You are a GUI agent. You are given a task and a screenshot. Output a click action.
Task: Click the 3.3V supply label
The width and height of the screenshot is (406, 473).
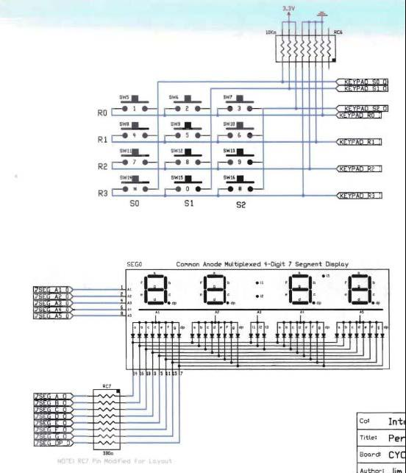288,8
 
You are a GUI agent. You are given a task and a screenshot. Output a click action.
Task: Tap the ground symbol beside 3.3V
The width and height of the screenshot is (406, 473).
321,13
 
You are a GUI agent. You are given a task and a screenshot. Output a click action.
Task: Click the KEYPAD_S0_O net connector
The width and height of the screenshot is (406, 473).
363,80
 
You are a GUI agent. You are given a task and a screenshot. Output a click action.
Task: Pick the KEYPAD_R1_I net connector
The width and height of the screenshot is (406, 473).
359,141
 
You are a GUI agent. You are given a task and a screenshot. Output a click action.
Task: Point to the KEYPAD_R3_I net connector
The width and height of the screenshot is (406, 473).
359,195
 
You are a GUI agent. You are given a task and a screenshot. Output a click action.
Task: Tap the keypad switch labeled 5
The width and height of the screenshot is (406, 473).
187,135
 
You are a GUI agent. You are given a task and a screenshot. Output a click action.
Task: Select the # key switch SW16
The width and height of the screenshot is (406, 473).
239,188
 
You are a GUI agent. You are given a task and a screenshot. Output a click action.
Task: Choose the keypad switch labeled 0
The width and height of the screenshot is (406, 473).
187,188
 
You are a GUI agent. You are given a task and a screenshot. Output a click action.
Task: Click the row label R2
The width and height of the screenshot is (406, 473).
101,167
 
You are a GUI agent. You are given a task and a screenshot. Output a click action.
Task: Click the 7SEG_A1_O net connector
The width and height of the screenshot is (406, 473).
51,291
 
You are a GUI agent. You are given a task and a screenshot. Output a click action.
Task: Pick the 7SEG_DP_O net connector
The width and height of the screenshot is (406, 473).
51,443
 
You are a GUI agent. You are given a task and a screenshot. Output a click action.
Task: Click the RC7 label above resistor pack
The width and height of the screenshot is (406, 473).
107,386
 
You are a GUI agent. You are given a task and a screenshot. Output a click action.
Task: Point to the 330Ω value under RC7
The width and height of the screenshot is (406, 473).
107,453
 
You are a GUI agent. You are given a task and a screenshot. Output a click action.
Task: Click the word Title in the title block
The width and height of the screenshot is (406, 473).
367,437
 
